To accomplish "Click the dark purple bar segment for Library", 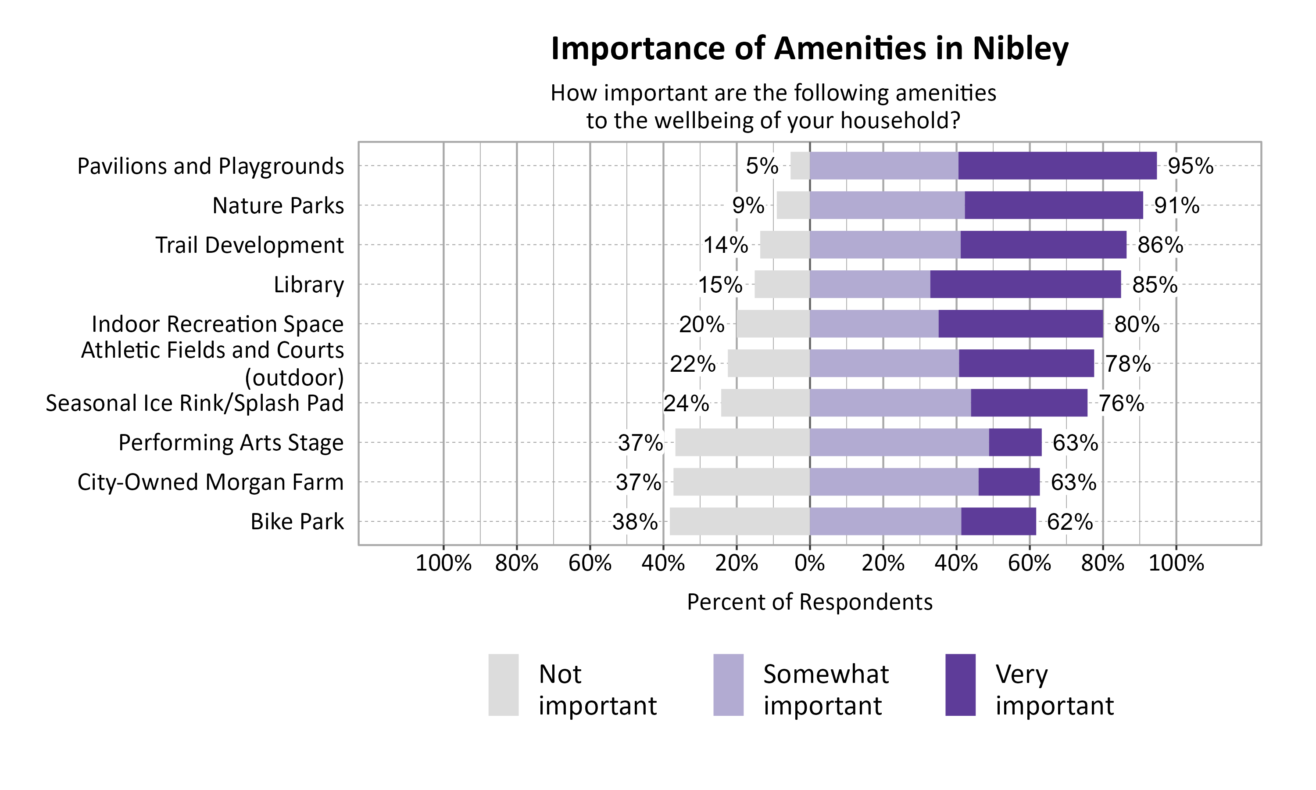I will coord(1025,284).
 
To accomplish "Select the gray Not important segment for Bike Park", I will coord(740,521).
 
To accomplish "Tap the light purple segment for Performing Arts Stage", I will coord(899,442).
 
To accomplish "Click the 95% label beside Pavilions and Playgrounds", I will coord(1191,166).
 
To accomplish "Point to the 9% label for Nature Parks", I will coord(748,205).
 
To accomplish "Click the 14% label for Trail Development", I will coord(726,245).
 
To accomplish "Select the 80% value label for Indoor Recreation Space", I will coord(1137,324).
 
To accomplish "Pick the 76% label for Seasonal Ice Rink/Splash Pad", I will coord(1121,403).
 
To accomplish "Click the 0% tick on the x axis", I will coord(810,563).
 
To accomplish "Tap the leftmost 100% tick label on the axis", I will coord(443,563).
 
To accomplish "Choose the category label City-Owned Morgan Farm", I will coord(211,482).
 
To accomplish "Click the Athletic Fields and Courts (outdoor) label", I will coord(213,363).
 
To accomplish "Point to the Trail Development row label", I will coord(250,245).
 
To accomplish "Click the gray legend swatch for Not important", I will coord(503,685).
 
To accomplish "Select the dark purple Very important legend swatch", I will coord(960,685).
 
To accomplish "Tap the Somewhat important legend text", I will coord(826,689).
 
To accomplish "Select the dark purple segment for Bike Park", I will coord(998,521).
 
